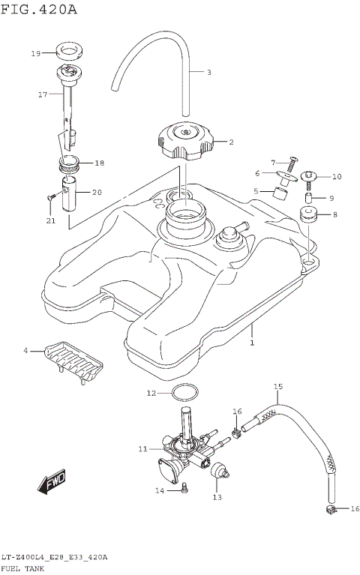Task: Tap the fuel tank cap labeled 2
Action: pyautogui.click(x=184, y=142)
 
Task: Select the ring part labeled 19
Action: pyautogui.click(x=70, y=53)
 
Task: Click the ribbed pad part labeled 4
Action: pyautogui.click(x=73, y=361)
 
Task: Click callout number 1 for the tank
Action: pyautogui.click(x=252, y=343)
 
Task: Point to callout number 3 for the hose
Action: pyautogui.click(x=209, y=73)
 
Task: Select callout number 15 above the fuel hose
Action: pyautogui.click(x=277, y=387)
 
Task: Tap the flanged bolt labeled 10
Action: pyautogui.click(x=307, y=177)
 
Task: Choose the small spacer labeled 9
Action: pyautogui.click(x=307, y=199)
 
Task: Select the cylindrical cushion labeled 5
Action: pyautogui.click(x=282, y=193)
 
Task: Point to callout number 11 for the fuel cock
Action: pyautogui.click(x=142, y=449)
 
